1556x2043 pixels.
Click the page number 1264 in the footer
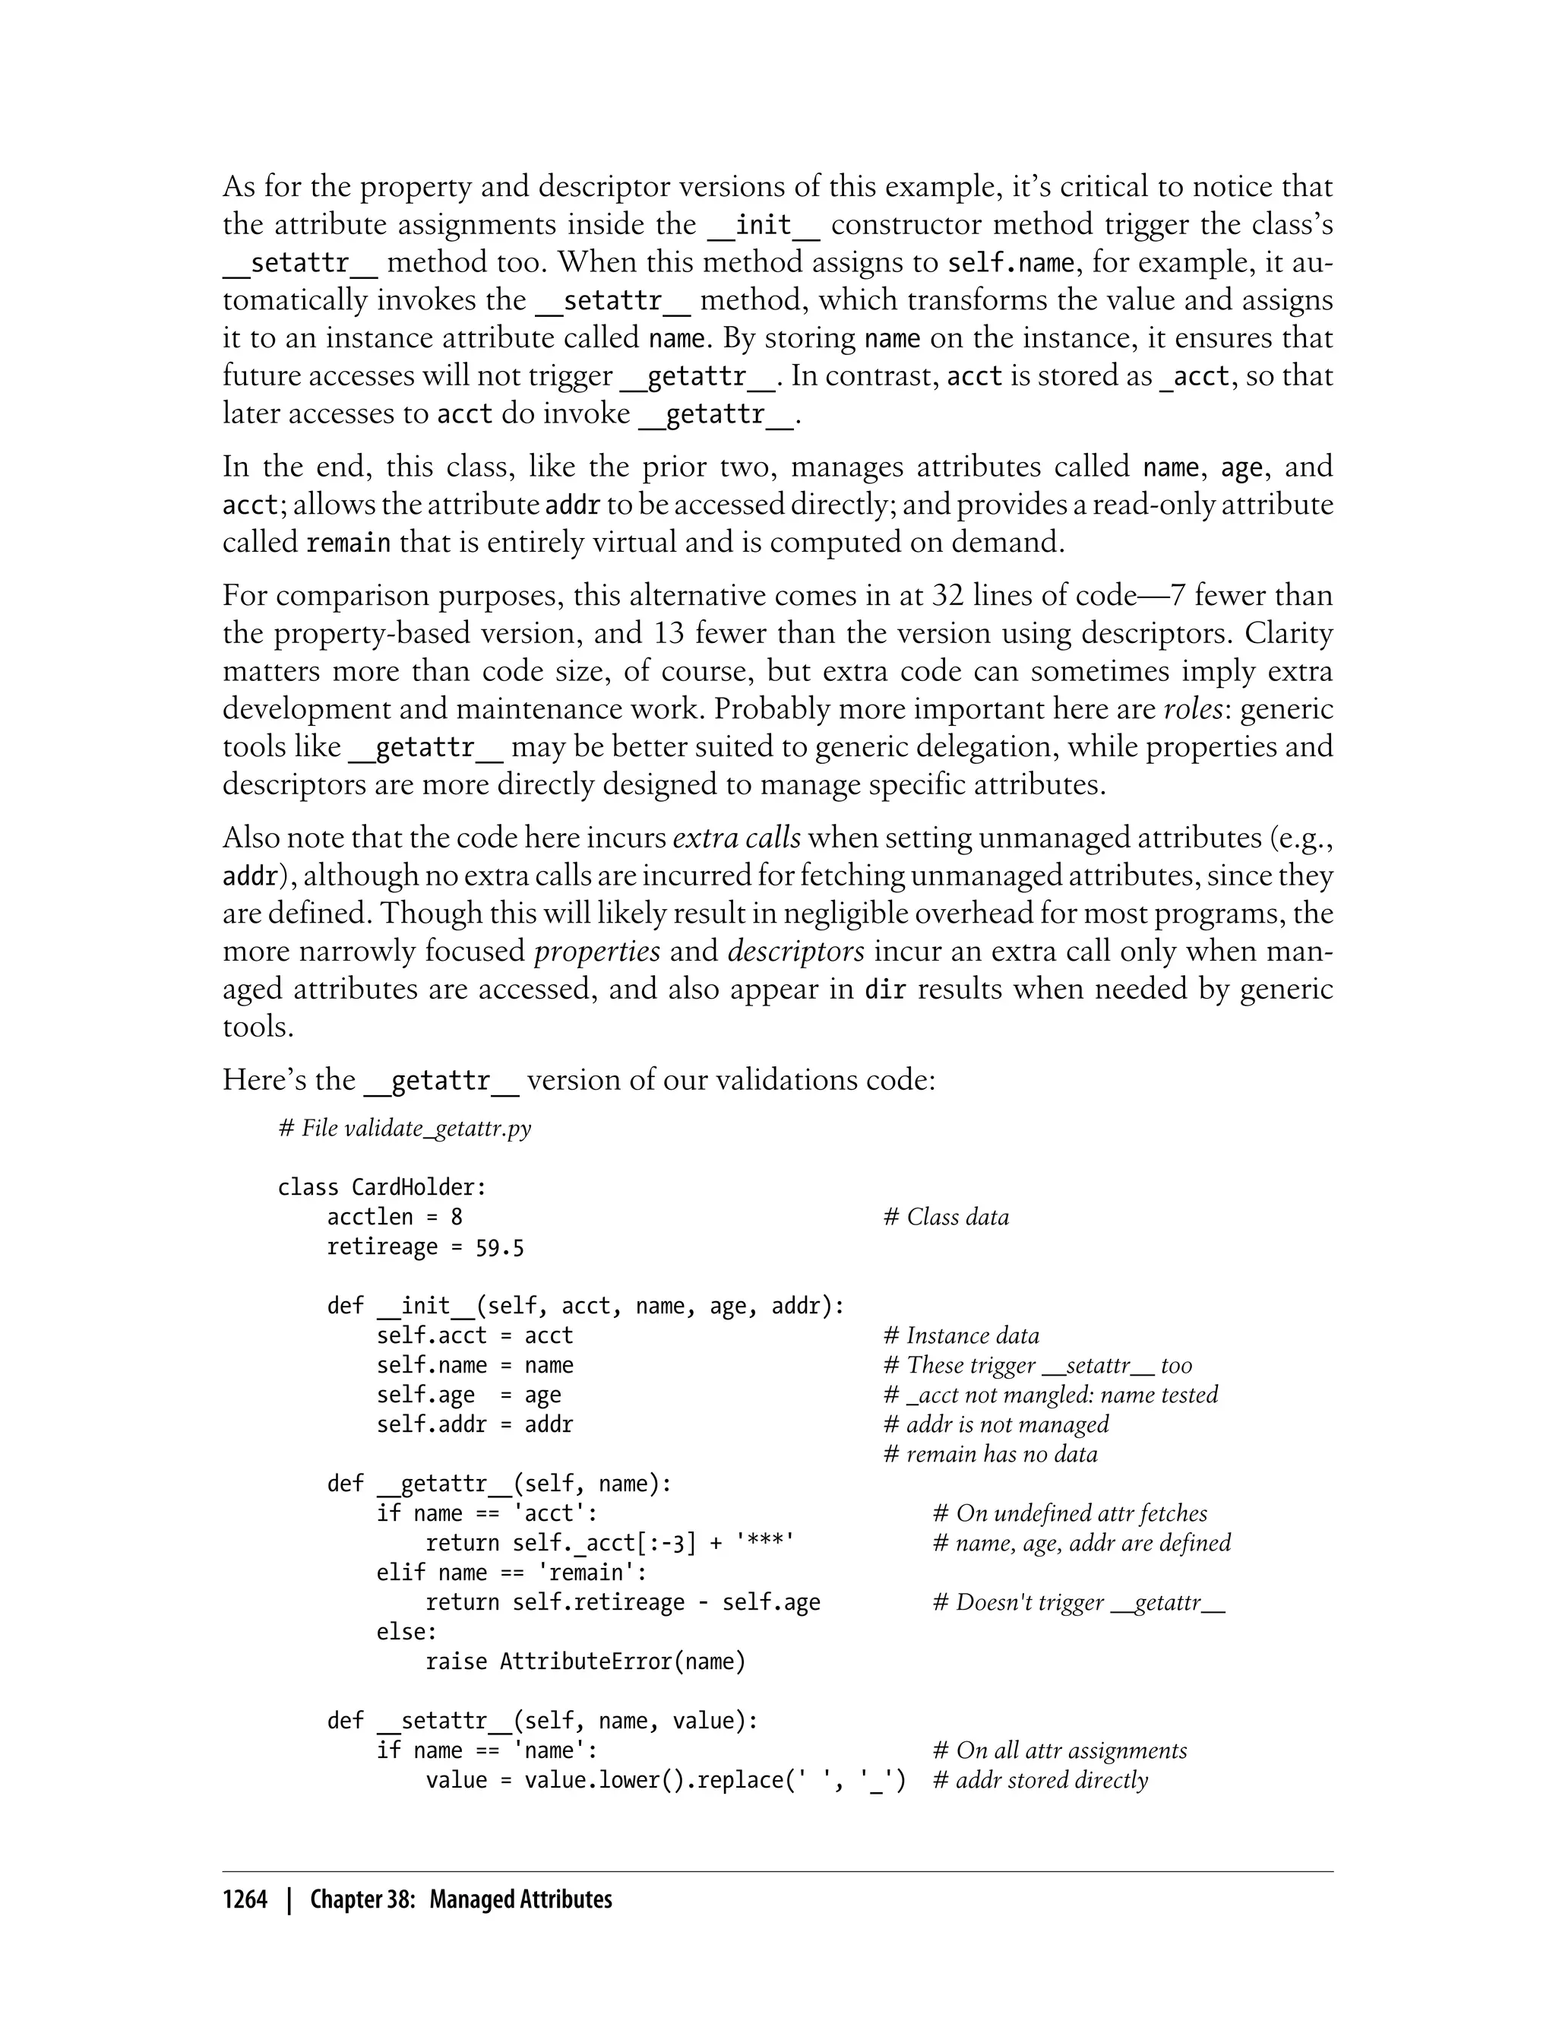(245, 1900)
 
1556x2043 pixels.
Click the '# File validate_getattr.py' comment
(405, 1129)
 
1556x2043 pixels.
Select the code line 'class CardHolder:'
(381, 1188)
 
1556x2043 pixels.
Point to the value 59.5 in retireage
(499, 1248)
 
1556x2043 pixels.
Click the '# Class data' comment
(946, 1218)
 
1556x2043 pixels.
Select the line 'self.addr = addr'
(474, 1425)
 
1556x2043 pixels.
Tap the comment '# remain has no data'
(990, 1455)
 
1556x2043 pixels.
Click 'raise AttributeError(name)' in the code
(585, 1662)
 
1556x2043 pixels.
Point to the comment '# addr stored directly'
(1040, 1781)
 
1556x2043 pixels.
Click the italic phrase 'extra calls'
(736, 838)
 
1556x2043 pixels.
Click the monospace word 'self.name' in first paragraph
(1010, 263)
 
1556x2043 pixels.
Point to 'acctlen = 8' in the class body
(394, 1218)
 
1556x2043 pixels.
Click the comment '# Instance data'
(961, 1336)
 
